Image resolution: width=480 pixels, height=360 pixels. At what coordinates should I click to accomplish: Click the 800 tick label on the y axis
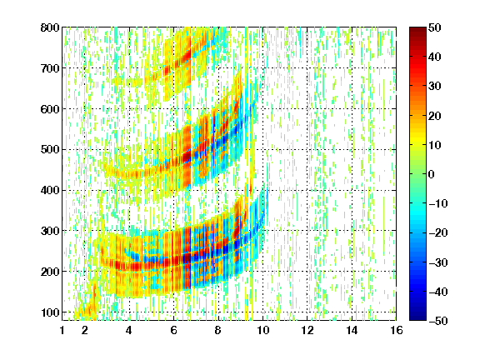(x=50, y=27)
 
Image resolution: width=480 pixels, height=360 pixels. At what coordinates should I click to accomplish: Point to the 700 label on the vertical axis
(x=50, y=68)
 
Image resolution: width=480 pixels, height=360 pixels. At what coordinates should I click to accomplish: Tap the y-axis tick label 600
(x=50, y=109)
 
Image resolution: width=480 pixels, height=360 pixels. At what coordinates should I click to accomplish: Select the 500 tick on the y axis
(x=50, y=150)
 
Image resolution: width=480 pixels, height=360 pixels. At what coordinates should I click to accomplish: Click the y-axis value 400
(x=50, y=191)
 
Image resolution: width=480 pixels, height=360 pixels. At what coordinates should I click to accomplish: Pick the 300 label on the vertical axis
(x=50, y=231)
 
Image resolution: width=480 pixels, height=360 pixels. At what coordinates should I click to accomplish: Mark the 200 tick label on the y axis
(x=50, y=272)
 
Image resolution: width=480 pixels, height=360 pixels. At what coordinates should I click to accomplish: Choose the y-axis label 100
(x=50, y=312)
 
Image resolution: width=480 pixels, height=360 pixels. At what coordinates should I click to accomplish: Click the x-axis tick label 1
(x=62, y=330)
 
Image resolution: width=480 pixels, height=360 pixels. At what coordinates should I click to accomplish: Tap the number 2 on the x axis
(x=85, y=330)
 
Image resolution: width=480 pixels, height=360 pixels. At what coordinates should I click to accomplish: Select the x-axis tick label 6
(x=174, y=330)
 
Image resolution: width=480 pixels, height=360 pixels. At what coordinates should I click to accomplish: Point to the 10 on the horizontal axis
(x=262, y=330)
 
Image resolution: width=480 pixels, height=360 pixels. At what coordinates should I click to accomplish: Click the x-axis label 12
(x=307, y=330)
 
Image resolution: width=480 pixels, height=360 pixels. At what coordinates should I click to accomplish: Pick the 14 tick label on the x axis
(x=352, y=330)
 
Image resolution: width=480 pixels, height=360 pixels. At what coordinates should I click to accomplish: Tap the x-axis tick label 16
(x=397, y=330)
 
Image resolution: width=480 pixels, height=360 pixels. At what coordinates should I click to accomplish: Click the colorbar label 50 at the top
(x=435, y=27)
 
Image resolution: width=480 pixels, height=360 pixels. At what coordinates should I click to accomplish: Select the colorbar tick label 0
(x=432, y=174)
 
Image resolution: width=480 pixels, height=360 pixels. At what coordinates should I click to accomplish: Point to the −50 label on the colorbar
(x=438, y=321)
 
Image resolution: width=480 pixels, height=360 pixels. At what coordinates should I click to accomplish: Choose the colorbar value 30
(x=435, y=87)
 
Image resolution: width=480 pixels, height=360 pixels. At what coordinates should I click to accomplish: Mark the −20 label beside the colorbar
(x=438, y=233)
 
